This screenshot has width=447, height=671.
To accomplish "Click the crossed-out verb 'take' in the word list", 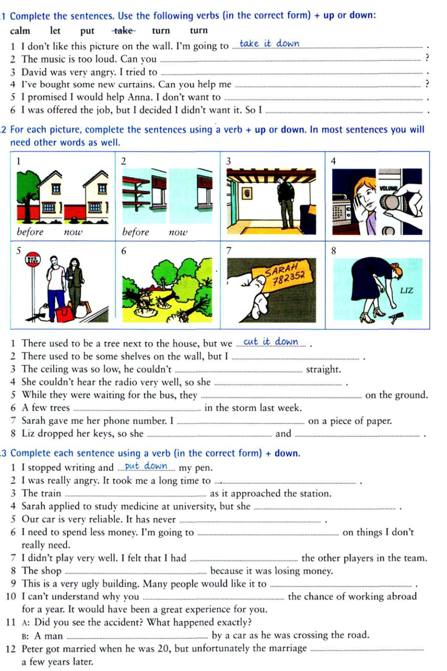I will [x=123, y=31].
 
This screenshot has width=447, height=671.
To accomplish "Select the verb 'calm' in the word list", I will [x=20, y=31].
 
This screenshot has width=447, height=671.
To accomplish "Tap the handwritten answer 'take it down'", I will [x=269, y=43].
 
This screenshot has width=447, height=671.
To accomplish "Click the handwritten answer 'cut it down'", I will [x=270, y=341].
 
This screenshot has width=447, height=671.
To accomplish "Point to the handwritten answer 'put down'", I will [x=146, y=466].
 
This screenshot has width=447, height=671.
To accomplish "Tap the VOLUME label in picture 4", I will [x=388, y=188].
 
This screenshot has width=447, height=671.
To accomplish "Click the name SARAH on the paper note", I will [x=281, y=269].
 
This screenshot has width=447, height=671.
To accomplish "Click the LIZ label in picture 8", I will [x=406, y=291].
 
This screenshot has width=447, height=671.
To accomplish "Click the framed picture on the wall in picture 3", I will [x=247, y=193].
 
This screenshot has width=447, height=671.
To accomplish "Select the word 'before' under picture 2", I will [x=135, y=232].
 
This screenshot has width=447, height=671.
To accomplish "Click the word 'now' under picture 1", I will [x=73, y=232].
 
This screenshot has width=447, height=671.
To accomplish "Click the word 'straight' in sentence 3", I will [x=323, y=369].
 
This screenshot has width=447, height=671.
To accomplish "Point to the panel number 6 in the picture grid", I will [x=124, y=251].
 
